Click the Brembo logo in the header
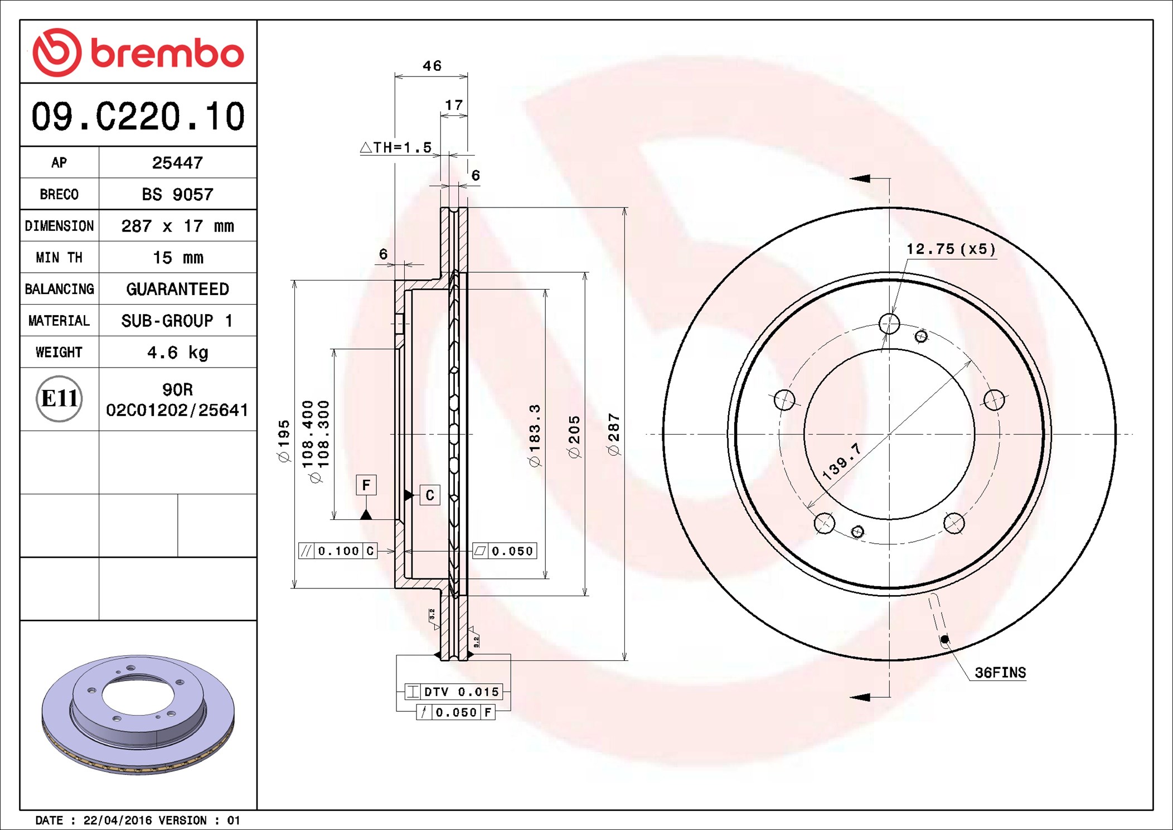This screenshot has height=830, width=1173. [x=138, y=52]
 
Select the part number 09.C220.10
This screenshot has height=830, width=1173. [x=138, y=116]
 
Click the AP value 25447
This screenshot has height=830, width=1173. [x=177, y=162]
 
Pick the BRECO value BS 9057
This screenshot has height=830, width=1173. [x=177, y=194]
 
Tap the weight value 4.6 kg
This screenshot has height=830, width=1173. [x=177, y=353]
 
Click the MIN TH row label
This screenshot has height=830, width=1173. [x=59, y=257]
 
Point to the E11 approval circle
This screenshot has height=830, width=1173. [x=59, y=399]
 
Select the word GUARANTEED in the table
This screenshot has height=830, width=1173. [x=177, y=289]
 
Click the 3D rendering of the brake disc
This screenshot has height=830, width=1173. [x=138, y=714]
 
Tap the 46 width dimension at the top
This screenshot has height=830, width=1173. [x=432, y=66]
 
